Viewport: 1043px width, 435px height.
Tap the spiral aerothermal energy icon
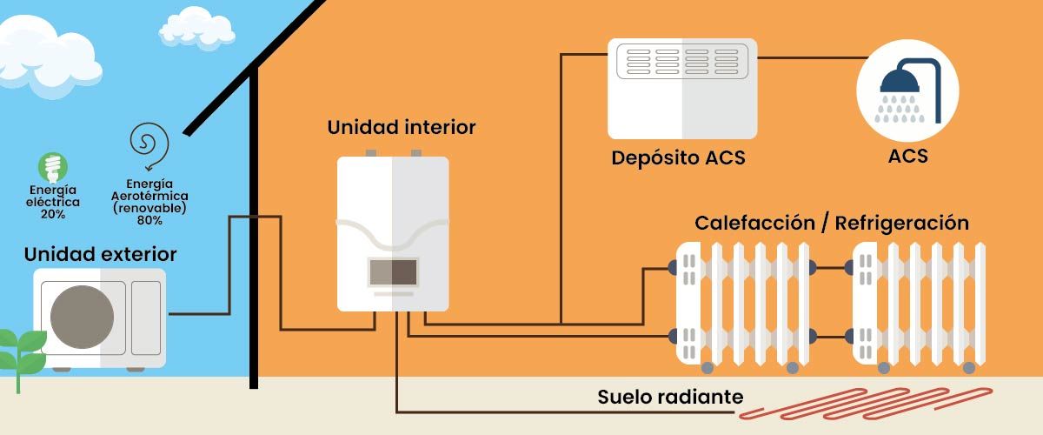click(149, 143)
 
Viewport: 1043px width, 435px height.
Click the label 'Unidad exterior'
click(101, 254)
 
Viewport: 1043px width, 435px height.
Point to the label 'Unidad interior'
click(402, 127)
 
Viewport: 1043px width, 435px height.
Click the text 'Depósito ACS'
click(678, 158)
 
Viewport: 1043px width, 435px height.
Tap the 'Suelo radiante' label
click(670, 398)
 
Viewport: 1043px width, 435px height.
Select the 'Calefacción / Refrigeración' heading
click(831, 222)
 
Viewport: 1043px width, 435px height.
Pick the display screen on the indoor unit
click(393, 272)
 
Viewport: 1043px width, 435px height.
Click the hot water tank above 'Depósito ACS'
click(682, 89)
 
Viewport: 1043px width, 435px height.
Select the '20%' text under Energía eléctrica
click(52, 214)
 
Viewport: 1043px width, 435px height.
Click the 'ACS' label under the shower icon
click(907, 157)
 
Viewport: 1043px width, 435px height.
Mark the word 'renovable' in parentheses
click(149, 210)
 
